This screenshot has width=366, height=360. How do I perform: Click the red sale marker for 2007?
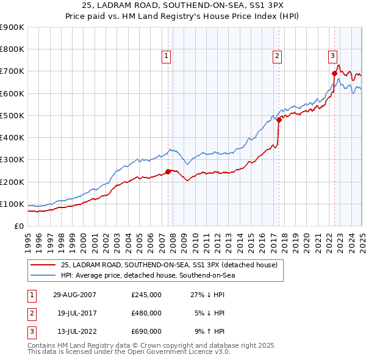coord(168,171)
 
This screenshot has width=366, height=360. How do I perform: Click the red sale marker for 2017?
coord(279,120)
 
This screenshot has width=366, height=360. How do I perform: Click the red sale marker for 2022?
coord(334,73)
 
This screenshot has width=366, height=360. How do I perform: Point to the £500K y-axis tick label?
coord(12,115)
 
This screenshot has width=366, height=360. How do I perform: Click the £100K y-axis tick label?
coord(12,204)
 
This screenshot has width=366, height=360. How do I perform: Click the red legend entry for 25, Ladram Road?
coord(169,265)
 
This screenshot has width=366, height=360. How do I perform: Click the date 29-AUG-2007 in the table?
coord(74,295)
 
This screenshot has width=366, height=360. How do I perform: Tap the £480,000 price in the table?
coord(146,313)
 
